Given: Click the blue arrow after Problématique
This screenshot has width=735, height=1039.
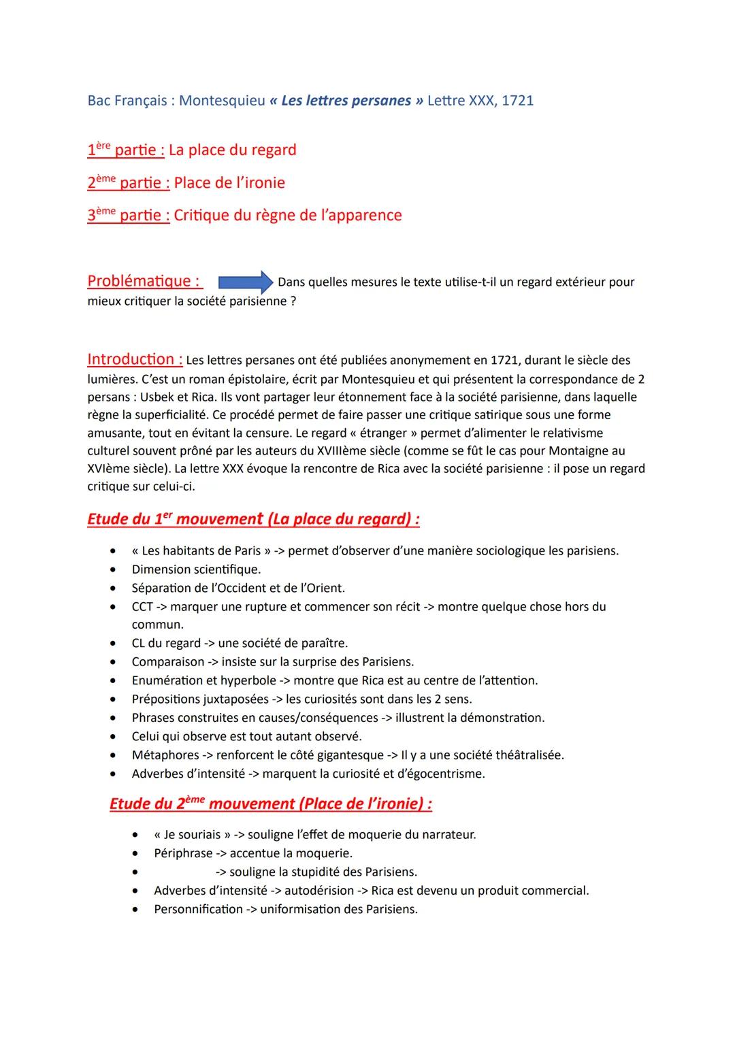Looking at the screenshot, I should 246,282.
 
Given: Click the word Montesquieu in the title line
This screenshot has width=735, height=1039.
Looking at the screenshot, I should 222,101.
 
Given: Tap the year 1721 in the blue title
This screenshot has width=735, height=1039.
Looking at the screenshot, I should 517,101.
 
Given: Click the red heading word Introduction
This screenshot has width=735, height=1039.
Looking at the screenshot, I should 134,359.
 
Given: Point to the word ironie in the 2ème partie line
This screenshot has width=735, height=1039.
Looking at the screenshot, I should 259,182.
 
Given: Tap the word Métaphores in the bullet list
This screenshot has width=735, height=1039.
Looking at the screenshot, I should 165,755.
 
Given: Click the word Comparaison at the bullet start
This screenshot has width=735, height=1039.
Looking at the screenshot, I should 167,661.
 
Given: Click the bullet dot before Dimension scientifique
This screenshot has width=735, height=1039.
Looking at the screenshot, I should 112,570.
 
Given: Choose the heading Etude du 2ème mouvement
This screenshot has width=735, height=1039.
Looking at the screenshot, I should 270,804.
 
